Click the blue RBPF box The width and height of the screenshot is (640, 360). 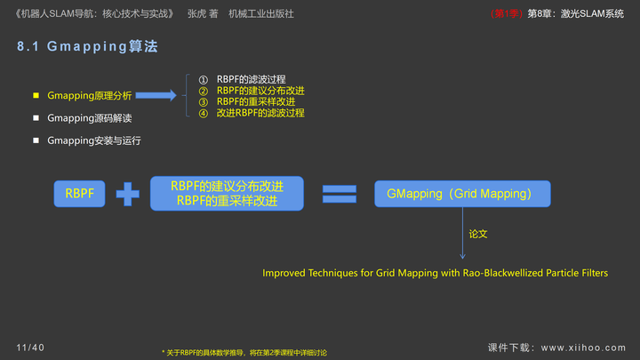click(80, 194)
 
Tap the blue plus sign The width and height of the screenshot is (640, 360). click(128, 194)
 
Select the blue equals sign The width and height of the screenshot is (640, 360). click(339, 194)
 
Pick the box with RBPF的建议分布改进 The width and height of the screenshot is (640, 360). click(227, 194)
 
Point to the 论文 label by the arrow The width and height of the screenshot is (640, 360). click(478, 234)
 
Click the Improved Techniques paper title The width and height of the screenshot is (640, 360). click(435, 273)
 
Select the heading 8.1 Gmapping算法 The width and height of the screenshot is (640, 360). click(87, 47)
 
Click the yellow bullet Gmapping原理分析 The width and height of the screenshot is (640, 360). click(89, 95)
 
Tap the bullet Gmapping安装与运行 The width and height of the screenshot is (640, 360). click(93, 140)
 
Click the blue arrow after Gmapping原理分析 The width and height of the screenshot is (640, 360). click(156, 95)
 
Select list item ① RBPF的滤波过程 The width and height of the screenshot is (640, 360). click(251, 80)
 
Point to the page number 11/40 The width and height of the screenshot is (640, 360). click(30, 347)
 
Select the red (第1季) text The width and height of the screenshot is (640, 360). click(507, 14)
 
